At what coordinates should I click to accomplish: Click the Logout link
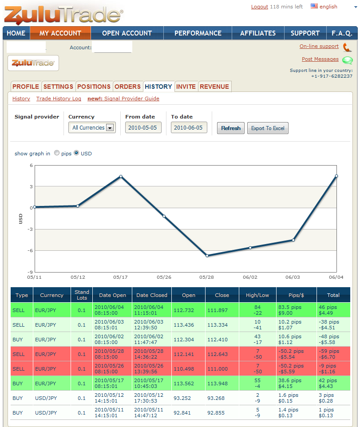260,7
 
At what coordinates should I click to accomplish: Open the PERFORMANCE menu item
198,33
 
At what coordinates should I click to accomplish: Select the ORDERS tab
127,87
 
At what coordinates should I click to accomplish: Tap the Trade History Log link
59,99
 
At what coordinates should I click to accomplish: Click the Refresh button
231,128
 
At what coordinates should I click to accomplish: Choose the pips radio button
57,153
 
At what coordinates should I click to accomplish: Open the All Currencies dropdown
92,127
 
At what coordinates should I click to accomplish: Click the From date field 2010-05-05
143,127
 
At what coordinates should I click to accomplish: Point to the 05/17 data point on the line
121,177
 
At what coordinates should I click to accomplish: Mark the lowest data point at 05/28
207,256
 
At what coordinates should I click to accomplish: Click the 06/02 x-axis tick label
250,277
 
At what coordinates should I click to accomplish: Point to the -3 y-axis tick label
30,229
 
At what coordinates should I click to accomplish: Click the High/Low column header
257,295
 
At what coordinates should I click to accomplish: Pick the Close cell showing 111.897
218,310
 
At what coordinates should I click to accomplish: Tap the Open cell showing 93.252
182,398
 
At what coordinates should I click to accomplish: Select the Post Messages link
320,59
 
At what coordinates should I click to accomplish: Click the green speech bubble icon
347,60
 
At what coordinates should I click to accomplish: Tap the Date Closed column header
152,295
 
